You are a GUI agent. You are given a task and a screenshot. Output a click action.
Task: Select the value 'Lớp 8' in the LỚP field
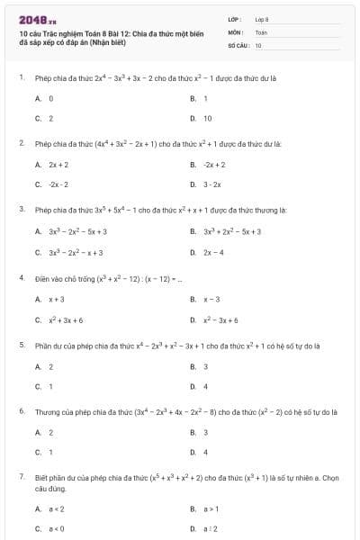click(262, 18)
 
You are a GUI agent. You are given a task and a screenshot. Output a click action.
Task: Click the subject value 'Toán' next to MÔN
click(261, 31)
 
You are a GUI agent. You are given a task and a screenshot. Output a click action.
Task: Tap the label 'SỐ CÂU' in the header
click(238, 44)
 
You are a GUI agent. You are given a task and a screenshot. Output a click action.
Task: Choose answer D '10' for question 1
click(207, 118)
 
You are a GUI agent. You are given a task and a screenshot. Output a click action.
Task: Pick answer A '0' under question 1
click(51, 97)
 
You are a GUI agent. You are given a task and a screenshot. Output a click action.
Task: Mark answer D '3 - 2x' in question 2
click(212, 184)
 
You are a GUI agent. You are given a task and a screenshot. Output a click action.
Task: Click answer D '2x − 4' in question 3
click(213, 253)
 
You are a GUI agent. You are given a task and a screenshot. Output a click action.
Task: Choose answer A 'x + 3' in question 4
click(57, 299)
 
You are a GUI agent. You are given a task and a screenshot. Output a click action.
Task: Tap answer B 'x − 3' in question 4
click(211, 299)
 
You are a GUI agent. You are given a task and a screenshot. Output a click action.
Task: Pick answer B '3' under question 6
click(205, 432)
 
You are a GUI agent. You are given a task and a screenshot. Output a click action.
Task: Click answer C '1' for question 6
click(50, 452)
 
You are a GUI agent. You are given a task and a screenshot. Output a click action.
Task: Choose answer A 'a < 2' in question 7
click(57, 508)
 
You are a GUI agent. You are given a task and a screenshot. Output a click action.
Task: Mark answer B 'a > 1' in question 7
click(211, 508)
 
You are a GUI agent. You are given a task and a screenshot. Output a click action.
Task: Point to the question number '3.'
click(21, 209)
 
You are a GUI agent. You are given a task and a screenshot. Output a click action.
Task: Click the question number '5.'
click(21, 345)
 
